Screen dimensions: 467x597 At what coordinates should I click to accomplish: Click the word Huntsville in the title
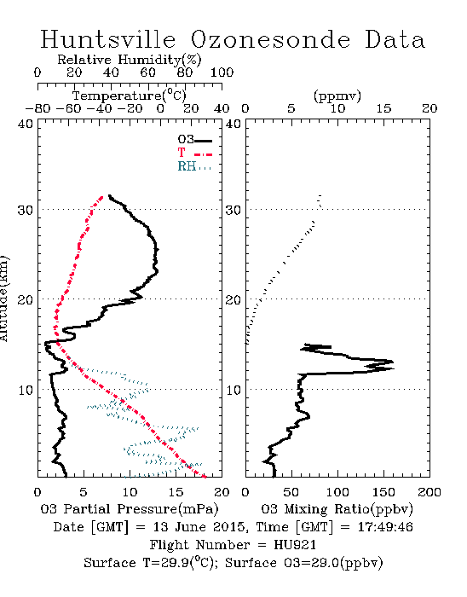(x=108, y=39)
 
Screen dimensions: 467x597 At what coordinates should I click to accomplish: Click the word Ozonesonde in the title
(x=270, y=39)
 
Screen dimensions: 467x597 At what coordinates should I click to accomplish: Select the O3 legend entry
(x=194, y=140)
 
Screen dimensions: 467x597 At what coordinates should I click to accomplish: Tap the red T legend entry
(x=194, y=153)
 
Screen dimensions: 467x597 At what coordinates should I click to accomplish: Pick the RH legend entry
(x=194, y=166)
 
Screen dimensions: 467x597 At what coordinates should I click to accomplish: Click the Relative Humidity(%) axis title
(x=130, y=60)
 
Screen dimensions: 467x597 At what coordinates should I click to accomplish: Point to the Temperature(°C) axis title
(x=130, y=96)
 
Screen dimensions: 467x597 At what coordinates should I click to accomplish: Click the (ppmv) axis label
(x=337, y=96)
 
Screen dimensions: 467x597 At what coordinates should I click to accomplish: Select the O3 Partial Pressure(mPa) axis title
(x=130, y=509)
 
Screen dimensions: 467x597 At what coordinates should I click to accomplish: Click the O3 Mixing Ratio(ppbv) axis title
(x=337, y=509)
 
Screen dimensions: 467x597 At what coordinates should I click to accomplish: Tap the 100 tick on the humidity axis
(x=222, y=72)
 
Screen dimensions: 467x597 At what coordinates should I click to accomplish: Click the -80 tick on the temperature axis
(x=37, y=108)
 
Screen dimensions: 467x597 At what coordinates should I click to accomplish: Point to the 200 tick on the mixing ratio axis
(x=430, y=492)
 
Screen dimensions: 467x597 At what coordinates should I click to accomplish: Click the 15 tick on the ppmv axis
(x=383, y=108)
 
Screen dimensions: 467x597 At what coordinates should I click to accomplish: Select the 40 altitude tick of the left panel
(x=25, y=124)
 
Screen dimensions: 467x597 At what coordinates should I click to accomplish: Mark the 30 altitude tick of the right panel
(x=233, y=210)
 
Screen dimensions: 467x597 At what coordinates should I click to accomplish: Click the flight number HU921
(x=295, y=545)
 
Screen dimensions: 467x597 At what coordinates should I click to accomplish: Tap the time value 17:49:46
(x=385, y=527)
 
